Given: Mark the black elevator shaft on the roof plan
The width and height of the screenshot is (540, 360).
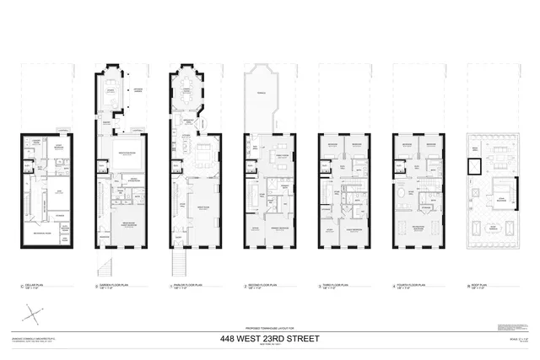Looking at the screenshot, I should point(467,165).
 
